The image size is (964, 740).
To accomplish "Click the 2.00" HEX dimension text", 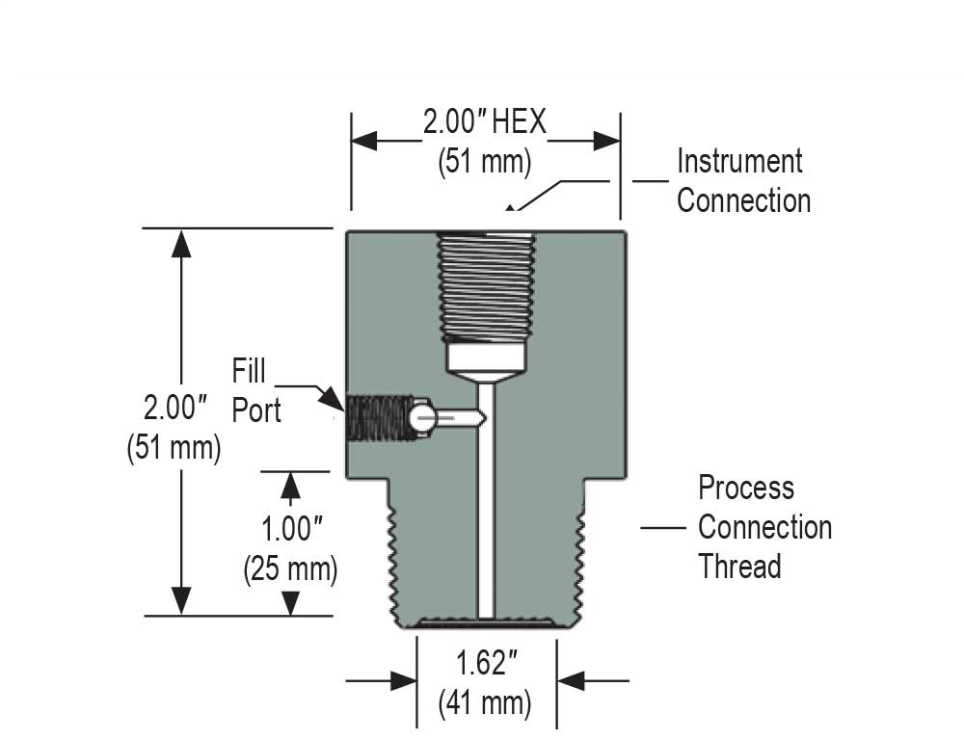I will click(x=484, y=122).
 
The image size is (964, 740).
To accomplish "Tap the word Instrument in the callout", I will click(x=738, y=161).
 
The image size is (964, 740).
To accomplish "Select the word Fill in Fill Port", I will click(x=248, y=370).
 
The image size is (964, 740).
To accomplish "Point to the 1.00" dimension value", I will click(x=290, y=529).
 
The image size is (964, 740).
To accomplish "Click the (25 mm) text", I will click(x=290, y=568).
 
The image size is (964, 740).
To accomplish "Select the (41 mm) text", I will click(x=485, y=702).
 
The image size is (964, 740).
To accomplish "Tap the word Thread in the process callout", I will click(x=738, y=566).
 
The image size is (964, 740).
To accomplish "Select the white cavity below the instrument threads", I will click(x=486, y=360).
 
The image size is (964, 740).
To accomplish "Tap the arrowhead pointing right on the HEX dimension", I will click(x=607, y=141).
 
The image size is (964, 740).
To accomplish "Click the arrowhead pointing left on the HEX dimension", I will click(x=364, y=141).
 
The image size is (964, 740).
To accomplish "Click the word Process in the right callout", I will click(x=746, y=488).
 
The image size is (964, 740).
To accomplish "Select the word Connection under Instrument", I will click(x=743, y=200).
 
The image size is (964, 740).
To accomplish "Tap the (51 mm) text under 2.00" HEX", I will click(x=484, y=161).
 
